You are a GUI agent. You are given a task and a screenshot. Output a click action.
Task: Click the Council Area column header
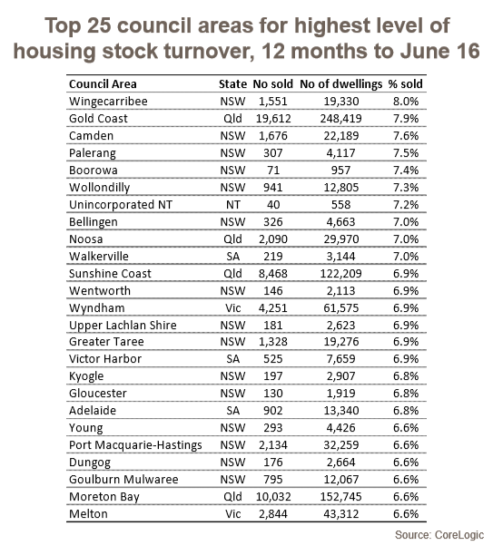coord(103,84)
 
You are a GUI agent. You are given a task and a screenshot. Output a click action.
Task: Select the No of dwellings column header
coord(341,84)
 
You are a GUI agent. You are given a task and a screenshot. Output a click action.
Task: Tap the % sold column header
coord(406,84)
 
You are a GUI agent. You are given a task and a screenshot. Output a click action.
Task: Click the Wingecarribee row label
coord(108,102)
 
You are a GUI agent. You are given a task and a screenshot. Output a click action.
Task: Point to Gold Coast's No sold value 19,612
coord(273,119)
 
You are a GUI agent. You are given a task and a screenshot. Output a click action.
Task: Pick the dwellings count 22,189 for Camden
coord(341,136)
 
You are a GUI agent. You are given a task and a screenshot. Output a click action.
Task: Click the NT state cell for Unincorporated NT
coord(232,205)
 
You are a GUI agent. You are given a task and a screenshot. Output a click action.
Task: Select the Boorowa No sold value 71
coord(273,170)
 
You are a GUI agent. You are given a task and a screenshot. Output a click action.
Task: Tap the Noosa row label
coord(85,239)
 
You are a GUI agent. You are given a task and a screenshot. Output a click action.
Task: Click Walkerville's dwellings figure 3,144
coord(341,257)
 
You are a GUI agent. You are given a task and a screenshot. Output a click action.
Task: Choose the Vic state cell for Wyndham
coord(232,308)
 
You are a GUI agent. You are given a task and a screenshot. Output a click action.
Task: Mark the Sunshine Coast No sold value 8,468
coord(273,274)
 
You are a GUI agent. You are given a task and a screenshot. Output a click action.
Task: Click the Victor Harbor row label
coord(105,359)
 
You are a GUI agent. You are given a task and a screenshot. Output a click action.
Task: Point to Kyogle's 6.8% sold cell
coord(406,376)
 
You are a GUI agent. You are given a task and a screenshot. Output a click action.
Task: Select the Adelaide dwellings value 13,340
coord(341,411)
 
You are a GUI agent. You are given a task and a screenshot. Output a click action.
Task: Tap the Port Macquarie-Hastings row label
coord(135,445)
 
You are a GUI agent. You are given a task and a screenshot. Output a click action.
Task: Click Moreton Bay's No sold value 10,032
coord(273,497)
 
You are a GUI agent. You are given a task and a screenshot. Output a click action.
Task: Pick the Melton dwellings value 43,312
coord(341,514)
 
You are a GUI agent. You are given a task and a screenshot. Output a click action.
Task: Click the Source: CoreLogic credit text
coord(439,535)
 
